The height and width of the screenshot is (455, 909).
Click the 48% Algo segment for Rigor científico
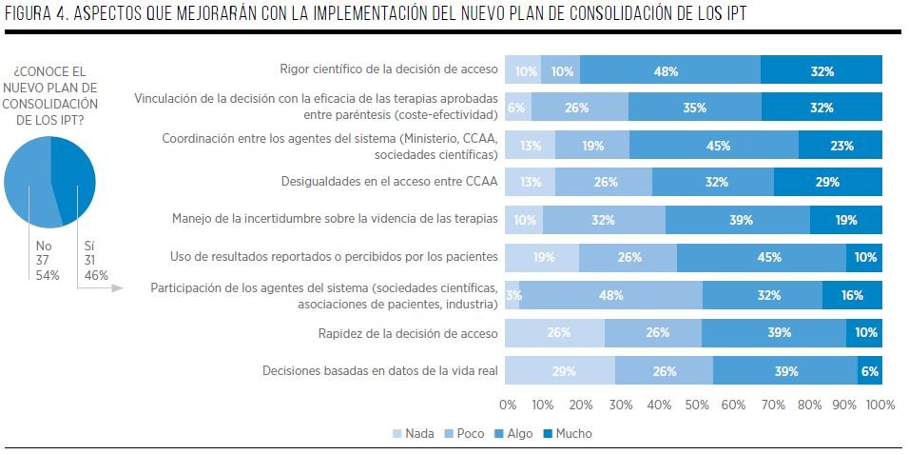click(670, 70)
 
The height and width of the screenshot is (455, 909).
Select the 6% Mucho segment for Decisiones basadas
click(870, 370)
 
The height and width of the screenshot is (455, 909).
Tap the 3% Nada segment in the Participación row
click(512, 295)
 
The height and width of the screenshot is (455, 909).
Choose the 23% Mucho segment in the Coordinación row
click(841, 146)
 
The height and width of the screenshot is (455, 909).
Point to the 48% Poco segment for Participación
click(611, 295)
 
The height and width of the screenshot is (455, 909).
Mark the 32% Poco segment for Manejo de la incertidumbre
click(604, 220)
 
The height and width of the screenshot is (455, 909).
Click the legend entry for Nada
click(414, 433)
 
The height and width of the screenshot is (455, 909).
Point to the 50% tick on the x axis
click(695, 405)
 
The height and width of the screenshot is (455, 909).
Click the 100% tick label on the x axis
click(880, 405)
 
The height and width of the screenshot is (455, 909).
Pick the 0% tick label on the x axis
click(508, 405)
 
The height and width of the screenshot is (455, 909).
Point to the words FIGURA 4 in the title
click(40, 15)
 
